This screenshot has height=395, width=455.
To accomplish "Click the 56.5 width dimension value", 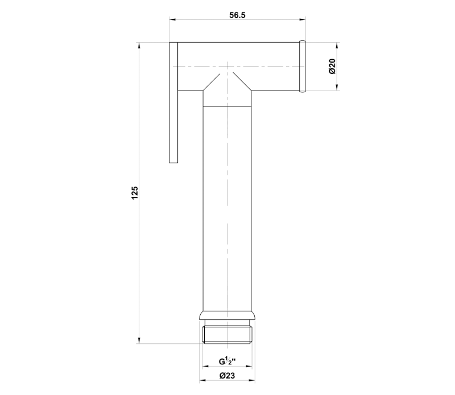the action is tap(237, 15).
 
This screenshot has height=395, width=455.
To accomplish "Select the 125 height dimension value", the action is tap(135, 193).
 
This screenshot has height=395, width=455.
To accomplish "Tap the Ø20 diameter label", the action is tap(332, 67).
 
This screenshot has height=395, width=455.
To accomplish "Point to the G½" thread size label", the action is tap(227, 361).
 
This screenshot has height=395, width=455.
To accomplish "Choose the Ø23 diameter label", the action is tap(227, 376).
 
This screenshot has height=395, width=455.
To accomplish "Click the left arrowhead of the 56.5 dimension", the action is tap(173, 20).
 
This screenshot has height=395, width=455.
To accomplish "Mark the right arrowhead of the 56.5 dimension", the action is tap(303, 20).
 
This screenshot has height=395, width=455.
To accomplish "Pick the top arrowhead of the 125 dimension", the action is tap(139, 46).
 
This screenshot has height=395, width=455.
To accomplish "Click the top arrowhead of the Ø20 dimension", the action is tap(337, 46).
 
